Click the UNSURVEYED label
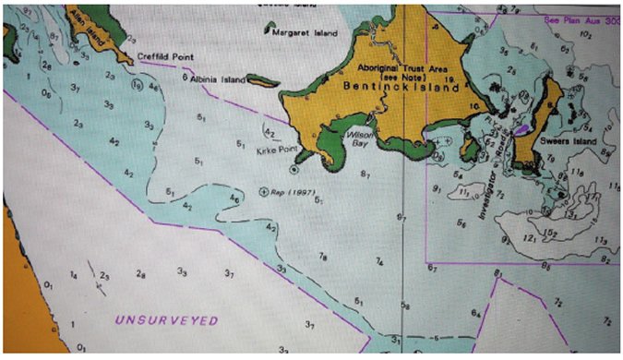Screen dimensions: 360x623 [x=166, y=320]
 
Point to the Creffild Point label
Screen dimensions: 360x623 [x=166, y=56]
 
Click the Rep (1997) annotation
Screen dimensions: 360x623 [x=294, y=193]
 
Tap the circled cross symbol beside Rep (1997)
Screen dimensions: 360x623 [x=265, y=192]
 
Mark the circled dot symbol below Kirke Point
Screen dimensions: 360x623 [x=294, y=170]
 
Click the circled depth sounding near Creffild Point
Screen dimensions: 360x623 [x=137, y=84]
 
